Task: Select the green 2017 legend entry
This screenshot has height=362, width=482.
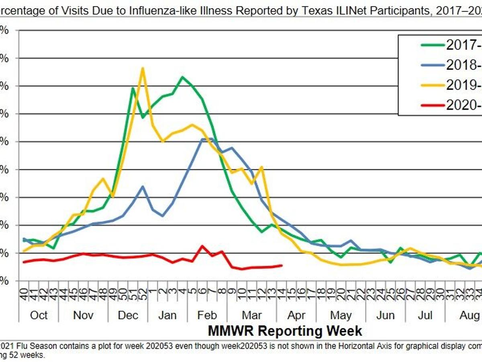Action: click(462, 45)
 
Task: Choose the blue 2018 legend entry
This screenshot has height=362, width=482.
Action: click(462, 64)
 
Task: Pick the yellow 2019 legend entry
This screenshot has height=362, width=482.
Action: click(462, 84)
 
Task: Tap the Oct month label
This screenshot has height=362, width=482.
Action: click(39, 315)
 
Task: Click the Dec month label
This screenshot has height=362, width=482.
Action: click(128, 315)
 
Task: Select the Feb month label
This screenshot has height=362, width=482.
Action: click(207, 315)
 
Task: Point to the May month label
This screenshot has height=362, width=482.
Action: click(341, 315)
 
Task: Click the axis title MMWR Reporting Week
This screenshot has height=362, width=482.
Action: click(285, 331)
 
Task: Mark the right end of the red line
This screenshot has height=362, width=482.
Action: click(282, 265)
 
